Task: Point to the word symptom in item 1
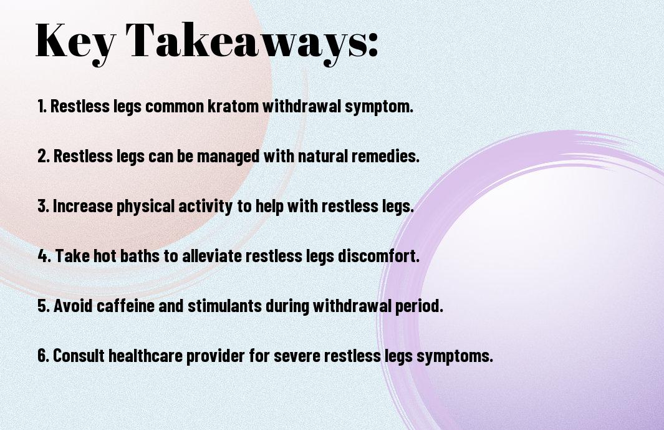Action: point(379,107)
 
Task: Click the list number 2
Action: point(43,156)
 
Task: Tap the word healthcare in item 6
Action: point(146,355)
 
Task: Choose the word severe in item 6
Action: point(297,356)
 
